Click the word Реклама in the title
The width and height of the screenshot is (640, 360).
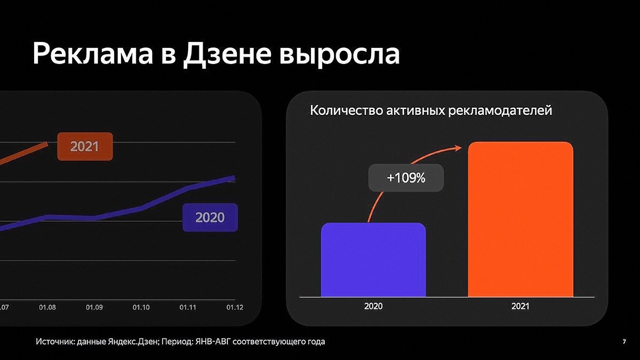pos(93,54)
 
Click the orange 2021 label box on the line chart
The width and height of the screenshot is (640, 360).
pos(85,146)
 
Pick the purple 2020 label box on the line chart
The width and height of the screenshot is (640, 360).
pos(210,217)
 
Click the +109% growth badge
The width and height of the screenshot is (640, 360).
pos(406,178)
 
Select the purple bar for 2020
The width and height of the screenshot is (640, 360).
pos(374,260)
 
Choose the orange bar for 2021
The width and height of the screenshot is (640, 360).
pos(521,219)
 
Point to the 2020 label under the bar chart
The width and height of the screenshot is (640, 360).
pos(373,306)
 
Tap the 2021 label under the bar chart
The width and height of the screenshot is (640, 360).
pos(520,306)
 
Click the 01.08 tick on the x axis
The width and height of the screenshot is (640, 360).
pos(47,308)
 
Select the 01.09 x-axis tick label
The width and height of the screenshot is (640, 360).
pos(94,308)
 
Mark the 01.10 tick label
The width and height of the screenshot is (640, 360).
pos(141,308)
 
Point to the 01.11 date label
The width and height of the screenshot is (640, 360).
pos(188,308)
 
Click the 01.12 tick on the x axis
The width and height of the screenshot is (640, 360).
pos(235,308)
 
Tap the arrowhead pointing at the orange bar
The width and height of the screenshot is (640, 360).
pos(458,148)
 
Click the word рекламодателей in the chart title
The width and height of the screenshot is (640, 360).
pos(500,111)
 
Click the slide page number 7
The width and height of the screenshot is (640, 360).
pos(624,342)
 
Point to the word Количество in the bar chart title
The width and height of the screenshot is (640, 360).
pos(346,110)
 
